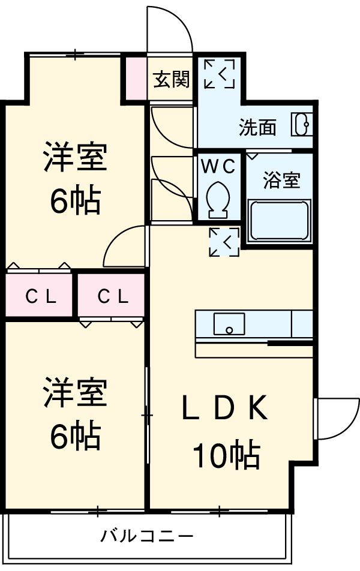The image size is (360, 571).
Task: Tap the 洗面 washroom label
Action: pyautogui.click(x=257, y=128)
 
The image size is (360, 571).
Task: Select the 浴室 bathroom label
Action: pyautogui.click(x=281, y=181)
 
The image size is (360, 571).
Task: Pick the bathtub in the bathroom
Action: pyautogui.click(x=279, y=221)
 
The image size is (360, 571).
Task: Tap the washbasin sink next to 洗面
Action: pyautogui.click(x=302, y=125)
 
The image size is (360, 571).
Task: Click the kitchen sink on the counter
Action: pyautogui.click(x=228, y=324)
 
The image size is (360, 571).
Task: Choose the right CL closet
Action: pyautogui.click(x=112, y=296)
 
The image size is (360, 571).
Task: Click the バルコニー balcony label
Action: pyautogui.click(x=146, y=536)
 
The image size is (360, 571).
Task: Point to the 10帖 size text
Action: pyautogui.click(x=226, y=455)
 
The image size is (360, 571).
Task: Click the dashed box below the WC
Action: pyautogui.click(x=224, y=242)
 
